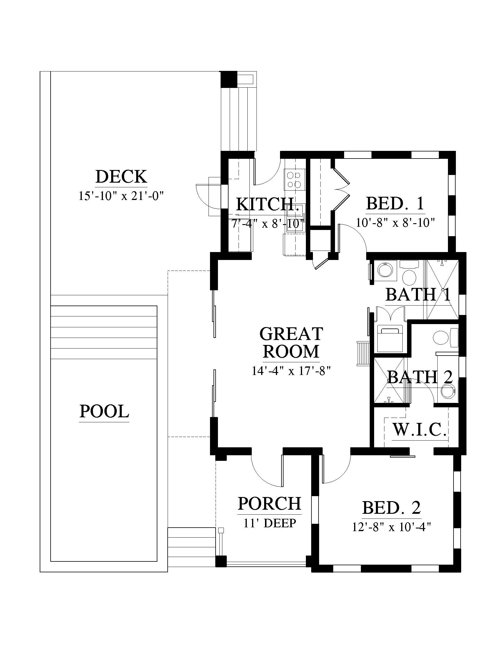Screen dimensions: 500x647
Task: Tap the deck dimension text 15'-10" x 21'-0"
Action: [x=121, y=196]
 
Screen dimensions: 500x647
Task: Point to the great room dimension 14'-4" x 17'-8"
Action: [x=291, y=371]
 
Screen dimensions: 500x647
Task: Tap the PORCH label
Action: [x=269, y=503]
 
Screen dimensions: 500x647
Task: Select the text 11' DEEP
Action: [x=269, y=523]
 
